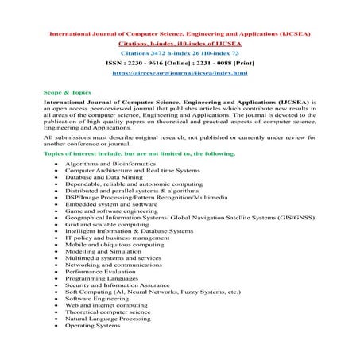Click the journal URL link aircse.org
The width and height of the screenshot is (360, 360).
coord(180,72)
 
